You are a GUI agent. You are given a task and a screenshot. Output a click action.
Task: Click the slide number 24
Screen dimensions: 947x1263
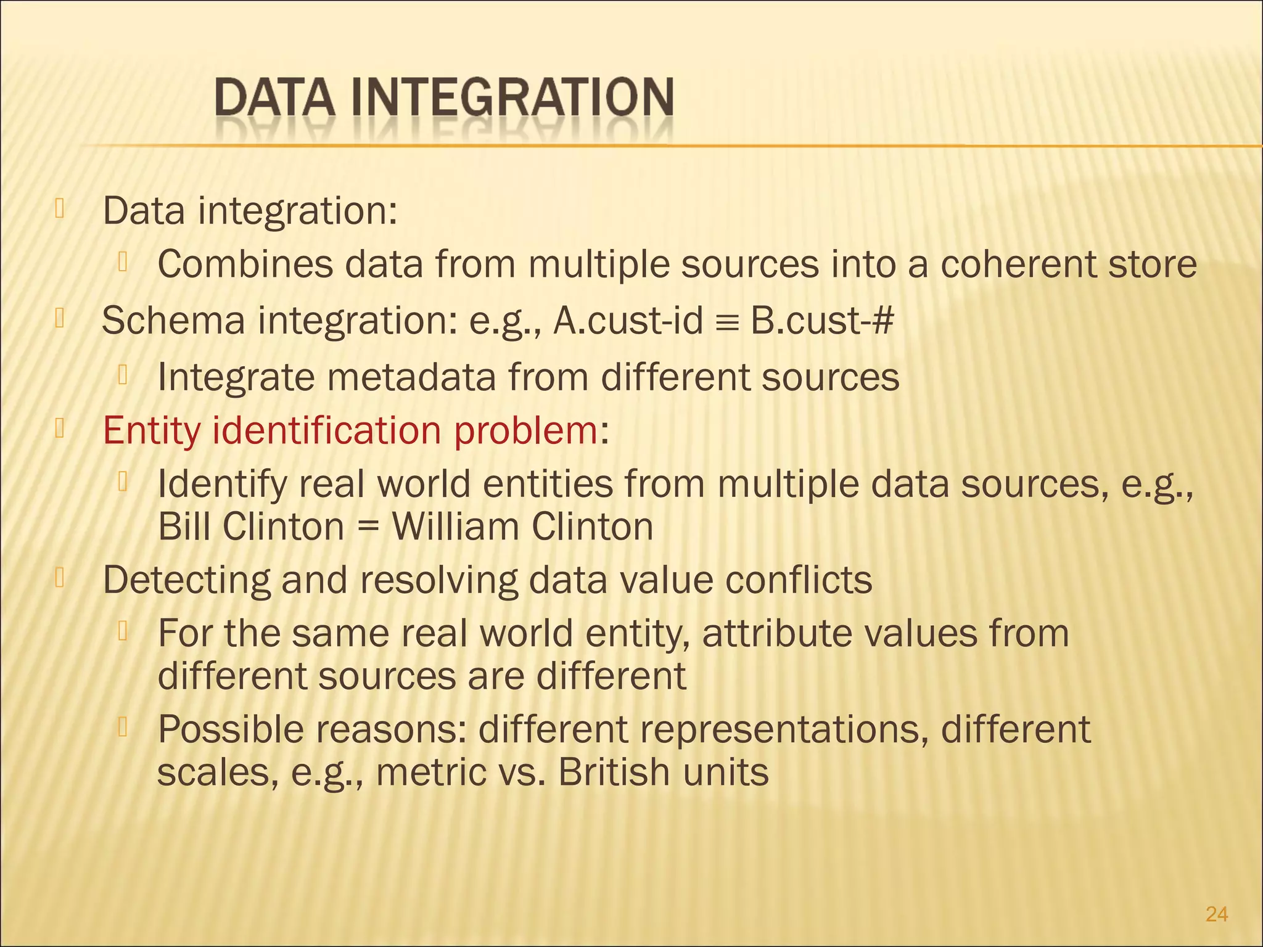1216,914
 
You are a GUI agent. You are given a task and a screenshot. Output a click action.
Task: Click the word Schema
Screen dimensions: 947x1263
173,321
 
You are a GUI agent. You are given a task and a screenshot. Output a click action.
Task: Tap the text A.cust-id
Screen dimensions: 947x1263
628,321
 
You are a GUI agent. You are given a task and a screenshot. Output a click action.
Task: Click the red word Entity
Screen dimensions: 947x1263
152,431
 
